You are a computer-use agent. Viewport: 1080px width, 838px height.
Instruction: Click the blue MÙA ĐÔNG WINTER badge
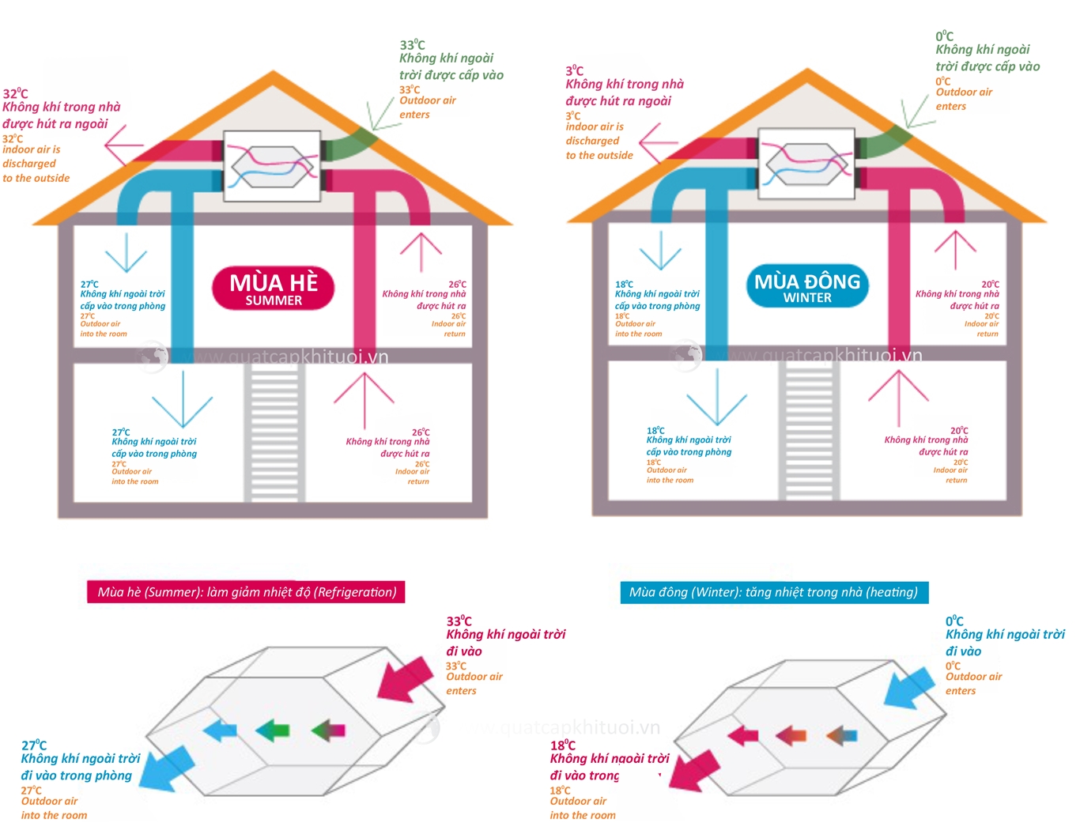click(807, 286)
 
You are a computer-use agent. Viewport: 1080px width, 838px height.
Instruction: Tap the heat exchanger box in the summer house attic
click(271, 165)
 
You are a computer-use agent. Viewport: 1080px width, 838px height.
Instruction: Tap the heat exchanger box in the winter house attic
click(806, 164)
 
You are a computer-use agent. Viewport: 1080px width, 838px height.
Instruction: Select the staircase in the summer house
click(274, 431)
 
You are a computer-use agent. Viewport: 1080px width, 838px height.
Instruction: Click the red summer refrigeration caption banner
click(246, 592)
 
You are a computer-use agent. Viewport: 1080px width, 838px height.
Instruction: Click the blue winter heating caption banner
click(774, 592)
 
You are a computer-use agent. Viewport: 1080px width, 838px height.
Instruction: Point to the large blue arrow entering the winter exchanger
click(908, 686)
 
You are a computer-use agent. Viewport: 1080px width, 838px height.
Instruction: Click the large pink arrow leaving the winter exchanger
click(693, 769)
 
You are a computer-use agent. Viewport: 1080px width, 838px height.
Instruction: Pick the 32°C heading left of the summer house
click(15, 94)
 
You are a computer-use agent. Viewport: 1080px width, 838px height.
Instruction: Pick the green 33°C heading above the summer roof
click(412, 45)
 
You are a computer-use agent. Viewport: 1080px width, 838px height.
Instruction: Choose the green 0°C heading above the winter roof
click(945, 36)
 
